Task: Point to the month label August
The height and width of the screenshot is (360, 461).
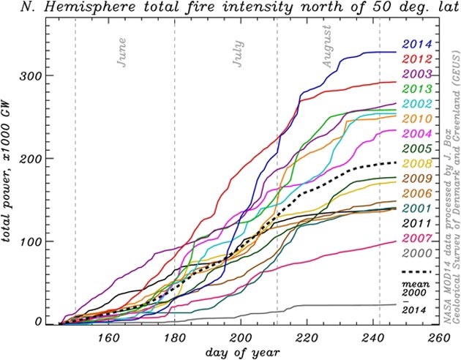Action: (327, 48)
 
